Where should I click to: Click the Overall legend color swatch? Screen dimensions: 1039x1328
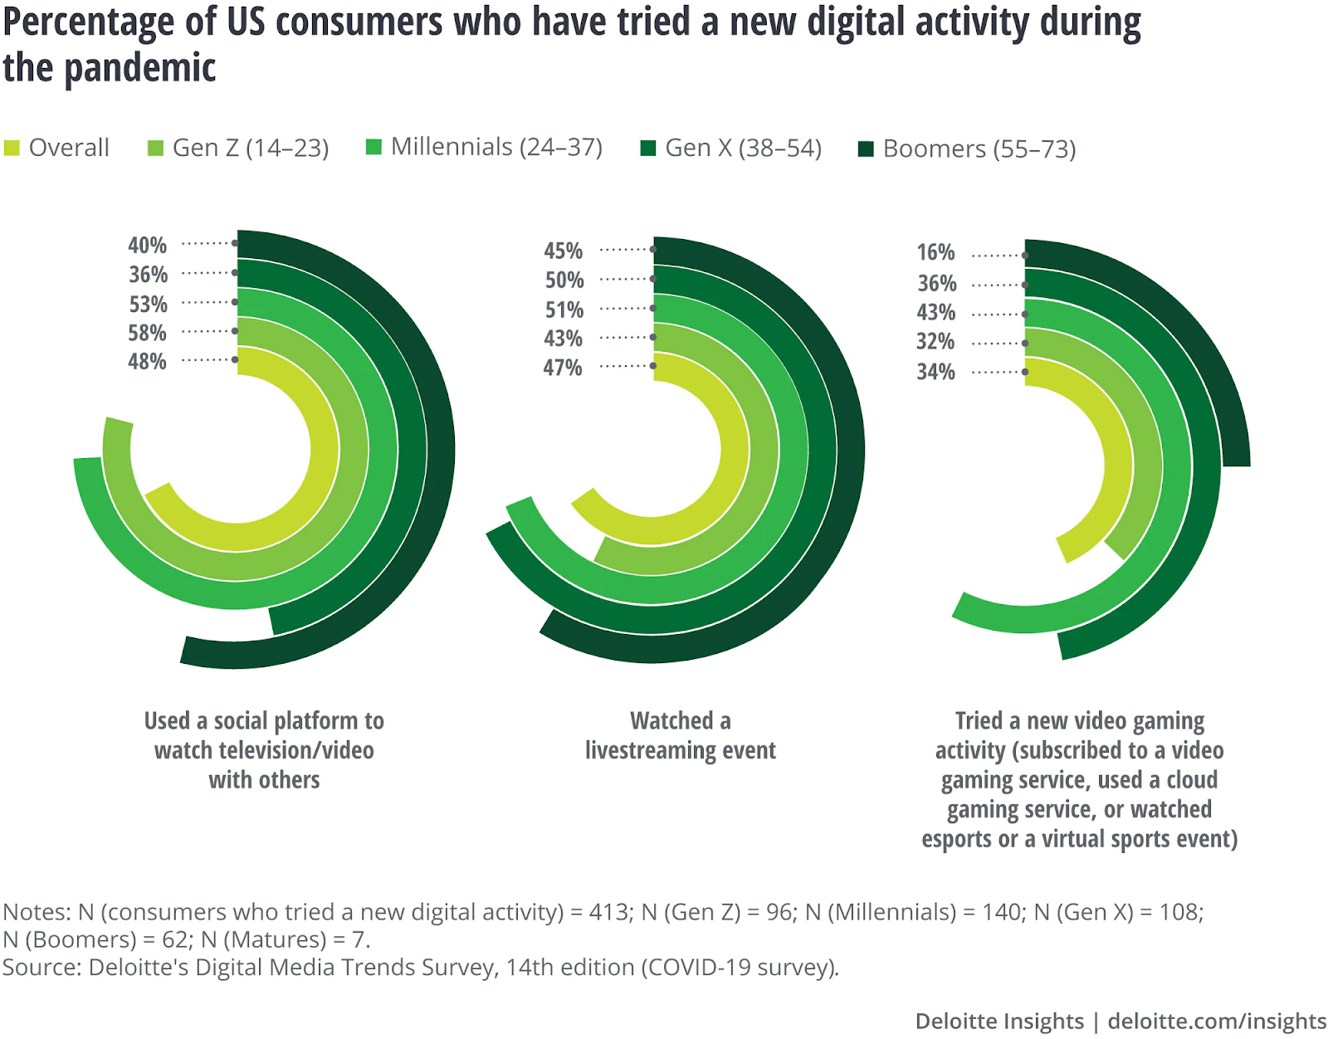coord(12,149)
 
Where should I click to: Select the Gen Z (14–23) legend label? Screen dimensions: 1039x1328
coord(251,148)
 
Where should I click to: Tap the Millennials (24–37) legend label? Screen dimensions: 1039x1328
coord(496,147)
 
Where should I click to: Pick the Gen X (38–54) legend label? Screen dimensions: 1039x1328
coord(743,148)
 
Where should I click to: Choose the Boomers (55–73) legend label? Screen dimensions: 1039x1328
coord(979,149)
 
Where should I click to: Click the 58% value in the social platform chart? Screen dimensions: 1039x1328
coord(147,333)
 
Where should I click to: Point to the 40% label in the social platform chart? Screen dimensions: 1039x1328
coord(147,245)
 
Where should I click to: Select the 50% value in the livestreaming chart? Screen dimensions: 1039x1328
coord(564,280)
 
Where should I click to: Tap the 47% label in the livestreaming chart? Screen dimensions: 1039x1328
coord(563,368)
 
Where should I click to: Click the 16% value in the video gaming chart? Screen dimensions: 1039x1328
coord(935,252)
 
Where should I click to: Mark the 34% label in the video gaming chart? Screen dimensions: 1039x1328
coord(935,372)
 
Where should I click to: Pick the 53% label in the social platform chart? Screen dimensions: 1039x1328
coord(148,304)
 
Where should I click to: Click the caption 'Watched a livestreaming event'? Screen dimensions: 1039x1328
coord(680,735)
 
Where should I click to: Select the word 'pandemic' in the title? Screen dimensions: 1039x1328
coord(139,68)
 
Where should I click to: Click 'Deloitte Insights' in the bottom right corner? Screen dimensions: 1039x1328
coord(999,1021)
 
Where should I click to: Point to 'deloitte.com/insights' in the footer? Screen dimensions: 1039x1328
coord(1217,1021)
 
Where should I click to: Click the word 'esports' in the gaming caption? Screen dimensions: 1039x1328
coord(957,839)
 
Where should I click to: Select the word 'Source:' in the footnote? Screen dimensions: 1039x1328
coord(41,967)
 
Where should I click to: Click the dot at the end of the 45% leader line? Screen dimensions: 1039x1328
coord(653,249)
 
